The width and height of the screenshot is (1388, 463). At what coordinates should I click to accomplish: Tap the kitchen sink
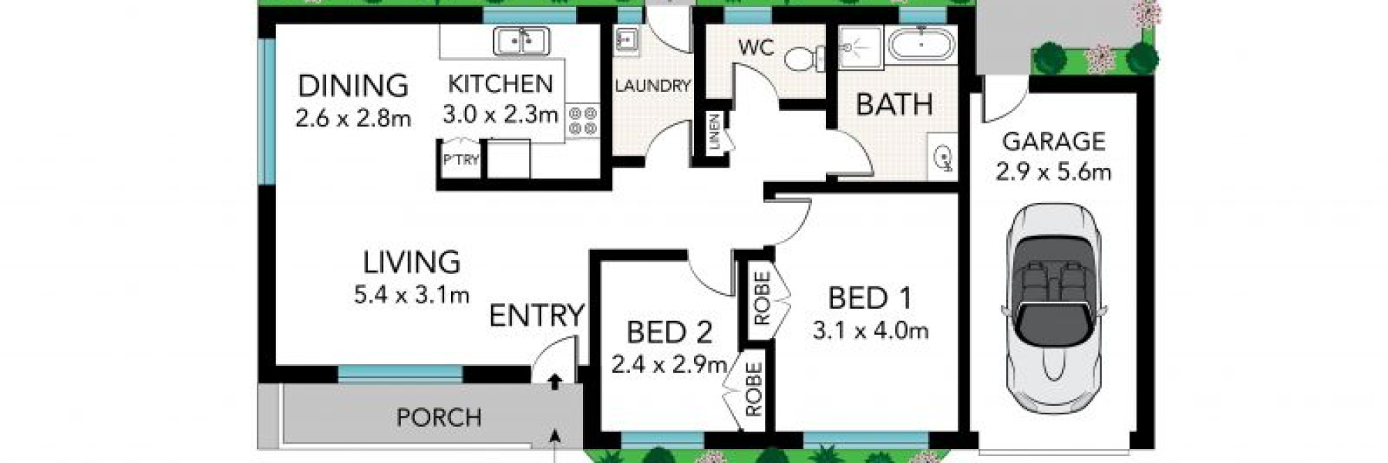(x=521, y=41)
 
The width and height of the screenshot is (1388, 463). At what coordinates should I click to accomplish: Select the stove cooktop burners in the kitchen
(x=583, y=121)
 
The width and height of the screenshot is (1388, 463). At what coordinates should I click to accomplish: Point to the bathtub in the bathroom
(x=921, y=45)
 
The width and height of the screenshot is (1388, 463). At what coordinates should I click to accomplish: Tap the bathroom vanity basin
(x=942, y=159)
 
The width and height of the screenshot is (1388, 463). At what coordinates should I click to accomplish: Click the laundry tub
(x=626, y=39)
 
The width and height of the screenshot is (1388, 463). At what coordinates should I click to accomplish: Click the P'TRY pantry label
(x=460, y=161)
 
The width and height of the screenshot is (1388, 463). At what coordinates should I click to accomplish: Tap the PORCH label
(x=439, y=417)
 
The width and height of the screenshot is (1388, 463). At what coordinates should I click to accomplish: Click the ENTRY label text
(x=537, y=315)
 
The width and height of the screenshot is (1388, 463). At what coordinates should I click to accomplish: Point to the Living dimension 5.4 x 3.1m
(x=412, y=294)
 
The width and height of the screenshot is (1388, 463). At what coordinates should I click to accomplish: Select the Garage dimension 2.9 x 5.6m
(x=1053, y=171)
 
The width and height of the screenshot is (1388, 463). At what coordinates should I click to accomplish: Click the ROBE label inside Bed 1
(x=762, y=298)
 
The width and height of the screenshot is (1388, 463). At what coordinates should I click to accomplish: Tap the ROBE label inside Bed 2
(x=753, y=390)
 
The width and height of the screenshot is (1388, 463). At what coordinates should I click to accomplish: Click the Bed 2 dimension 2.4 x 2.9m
(x=669, y=363)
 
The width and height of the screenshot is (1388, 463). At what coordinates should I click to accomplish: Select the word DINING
(x=352, y=85)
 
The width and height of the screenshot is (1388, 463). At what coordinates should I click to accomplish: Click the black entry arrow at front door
(x=554, y=380)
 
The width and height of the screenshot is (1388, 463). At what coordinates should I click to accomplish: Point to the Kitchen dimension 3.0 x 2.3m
(x=500, y=115)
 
